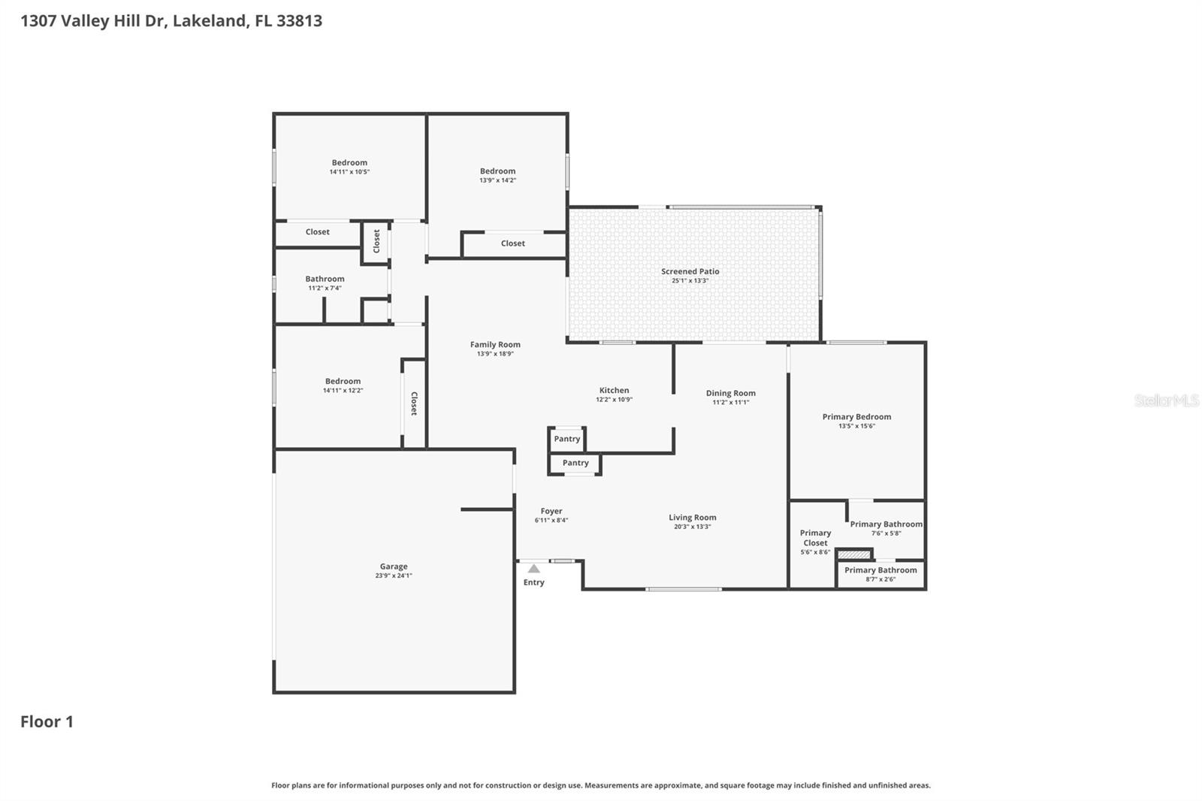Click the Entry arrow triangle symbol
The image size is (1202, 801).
coord(533,569)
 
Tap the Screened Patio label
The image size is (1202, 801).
coord(690,271)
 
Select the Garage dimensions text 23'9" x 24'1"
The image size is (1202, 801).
coord(394,576)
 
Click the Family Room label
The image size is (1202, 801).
coord(495,345)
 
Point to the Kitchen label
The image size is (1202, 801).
coord(614,390)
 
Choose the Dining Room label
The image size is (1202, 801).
coord(730,393)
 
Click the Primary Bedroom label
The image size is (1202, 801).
coord(856,416)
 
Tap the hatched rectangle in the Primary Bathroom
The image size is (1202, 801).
coord(854,555)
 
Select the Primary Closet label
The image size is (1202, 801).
coord(815,537)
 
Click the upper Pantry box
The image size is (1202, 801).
coord(566,439)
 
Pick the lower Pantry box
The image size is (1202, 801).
coord(575,463)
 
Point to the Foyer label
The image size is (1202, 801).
coord(551,511)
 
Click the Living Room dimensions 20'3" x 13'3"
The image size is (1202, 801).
coord(692,527)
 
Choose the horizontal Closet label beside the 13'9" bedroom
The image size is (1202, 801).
coord(513,243)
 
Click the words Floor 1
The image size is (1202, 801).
coord(47,721)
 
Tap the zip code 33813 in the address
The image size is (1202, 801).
coord(299,20)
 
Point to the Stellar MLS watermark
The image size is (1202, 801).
coord(1166,400)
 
